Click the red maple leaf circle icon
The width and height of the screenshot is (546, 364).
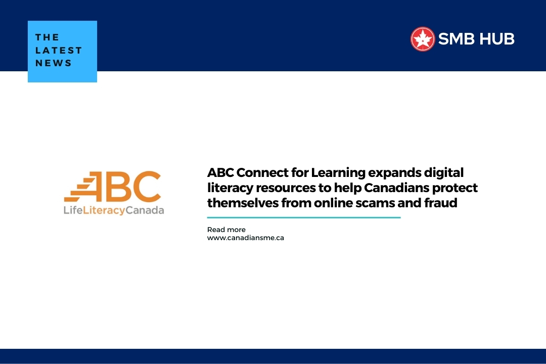423,39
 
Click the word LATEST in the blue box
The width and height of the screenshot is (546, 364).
59,50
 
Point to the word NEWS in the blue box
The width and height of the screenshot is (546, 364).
54,63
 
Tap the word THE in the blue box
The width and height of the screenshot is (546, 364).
48,37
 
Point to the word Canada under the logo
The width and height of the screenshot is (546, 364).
145,210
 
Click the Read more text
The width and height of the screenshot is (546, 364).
226,230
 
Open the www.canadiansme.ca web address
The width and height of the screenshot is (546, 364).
245,238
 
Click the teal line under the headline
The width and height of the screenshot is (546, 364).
303,218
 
